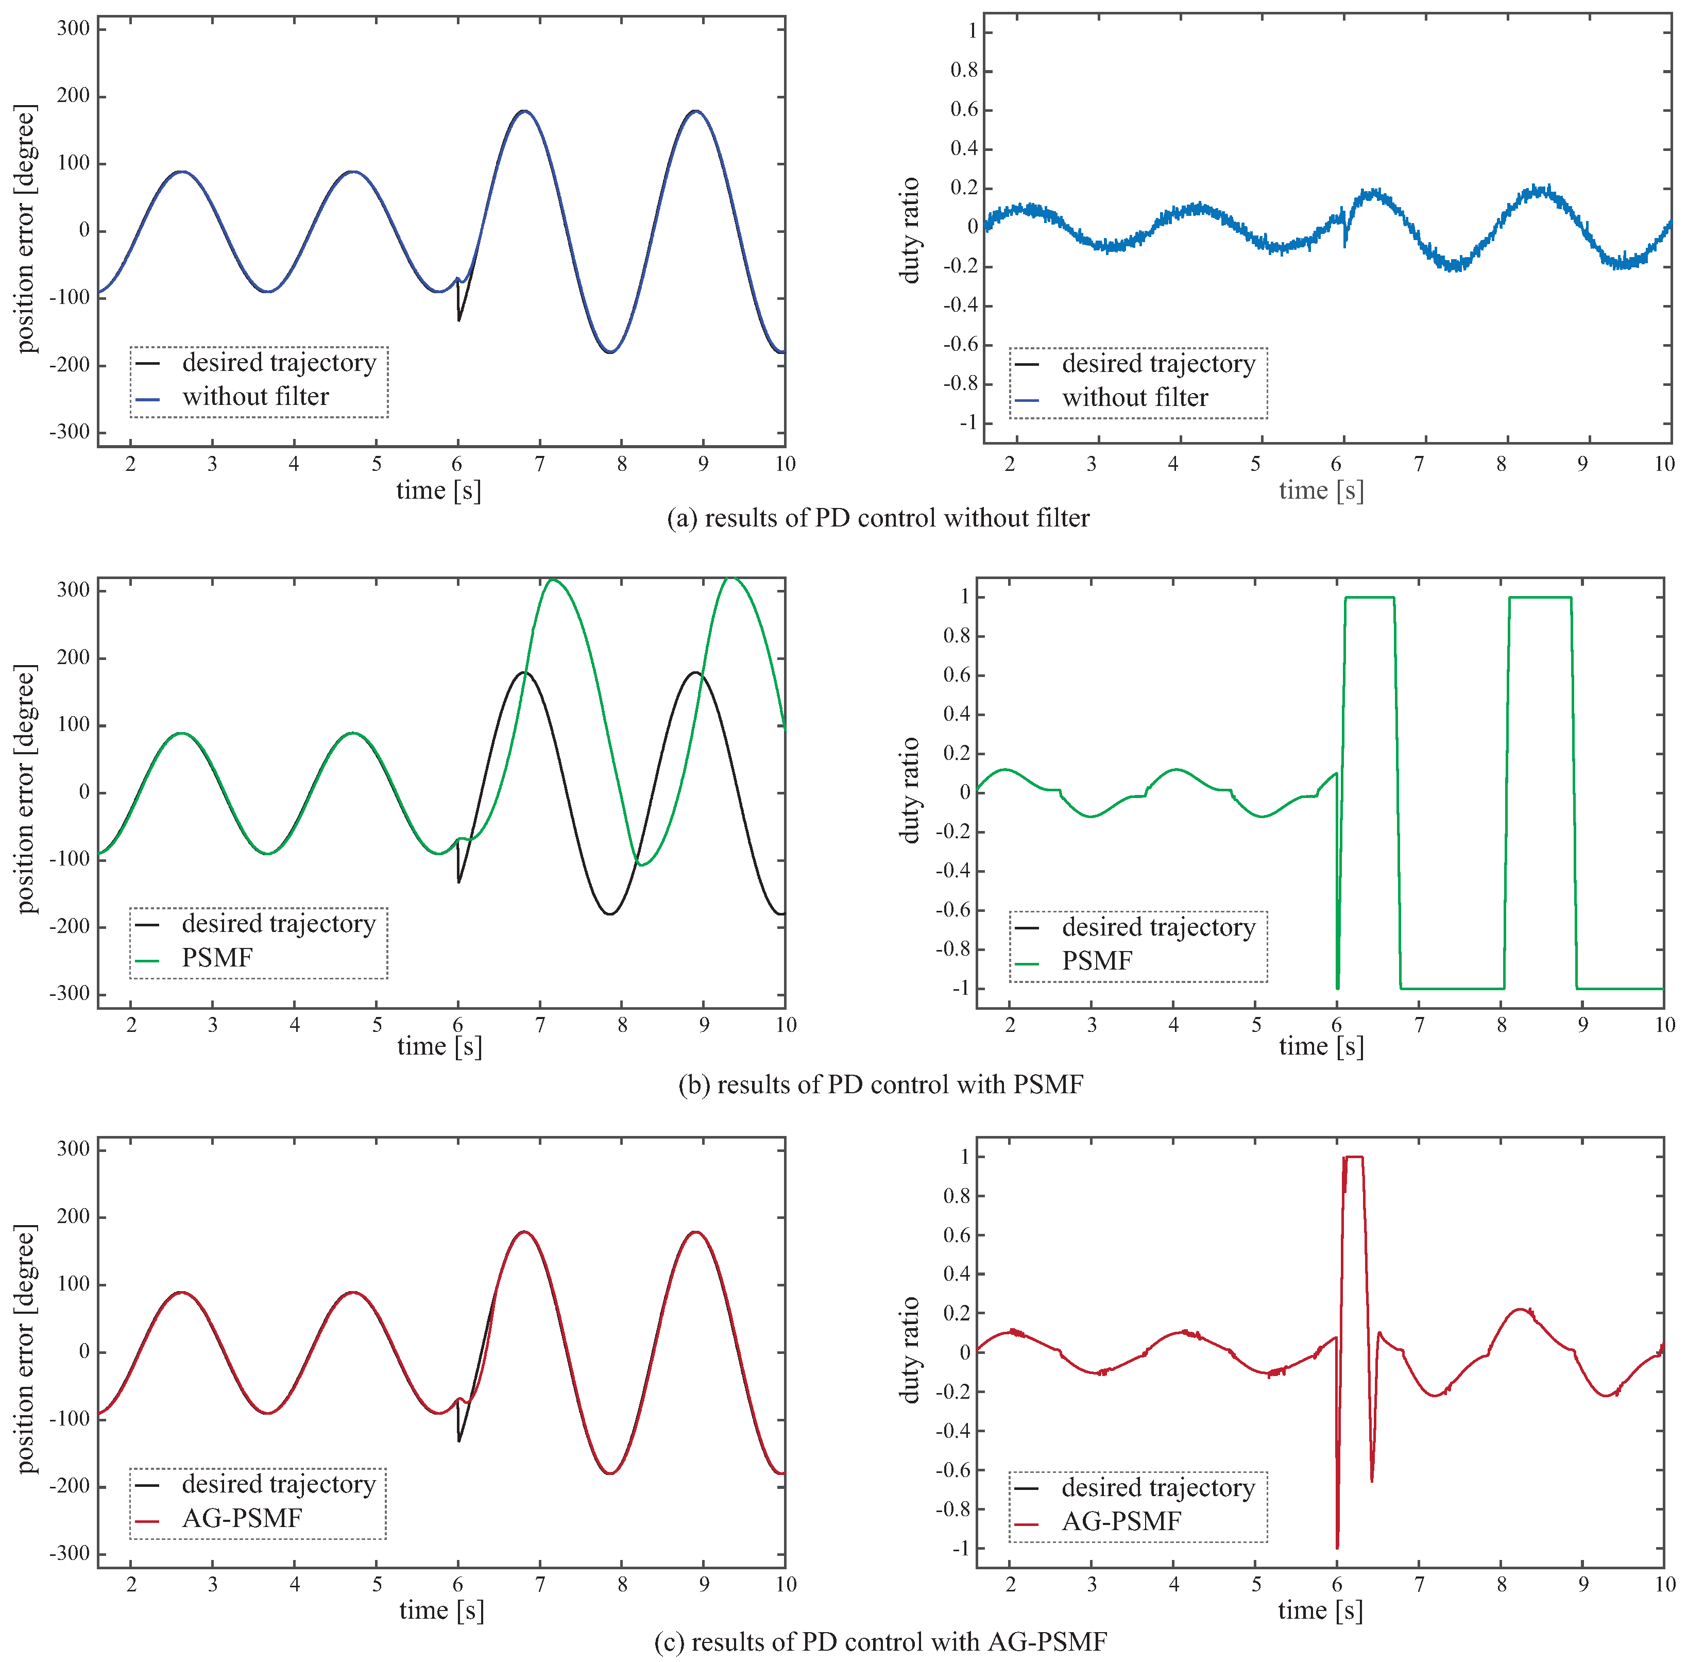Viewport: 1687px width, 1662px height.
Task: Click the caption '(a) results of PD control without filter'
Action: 877,518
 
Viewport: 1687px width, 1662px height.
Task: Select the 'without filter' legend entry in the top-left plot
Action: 255,397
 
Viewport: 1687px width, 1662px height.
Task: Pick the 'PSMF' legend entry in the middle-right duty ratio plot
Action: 1096,961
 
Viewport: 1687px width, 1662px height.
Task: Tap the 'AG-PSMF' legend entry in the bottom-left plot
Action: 242,1519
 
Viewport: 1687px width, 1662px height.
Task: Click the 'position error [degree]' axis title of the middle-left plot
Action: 27,789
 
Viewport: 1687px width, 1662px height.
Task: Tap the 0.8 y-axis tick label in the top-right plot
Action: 963,71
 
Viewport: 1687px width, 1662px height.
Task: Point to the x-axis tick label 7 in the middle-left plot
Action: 540,1025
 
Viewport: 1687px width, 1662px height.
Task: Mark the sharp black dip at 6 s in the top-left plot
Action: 459,318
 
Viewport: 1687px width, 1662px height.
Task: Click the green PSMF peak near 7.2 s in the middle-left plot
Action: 552,581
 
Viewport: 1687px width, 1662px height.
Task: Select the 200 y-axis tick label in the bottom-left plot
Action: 73,1217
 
